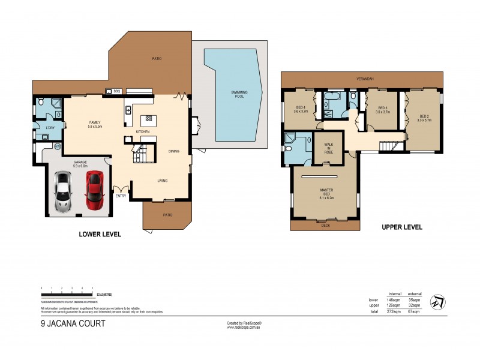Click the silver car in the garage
click(x=64, y=192)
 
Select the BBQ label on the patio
click(x=117, y=91)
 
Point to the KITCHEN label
click(x=142, y=131)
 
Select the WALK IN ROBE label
click(x=328, y=147)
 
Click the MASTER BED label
click(x=326, y=192)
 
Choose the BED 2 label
click(x=424, y=118)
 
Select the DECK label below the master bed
click(x=325, y=225)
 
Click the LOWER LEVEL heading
click(x=100, y=235)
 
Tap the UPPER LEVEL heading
click(x=401, y=227)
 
